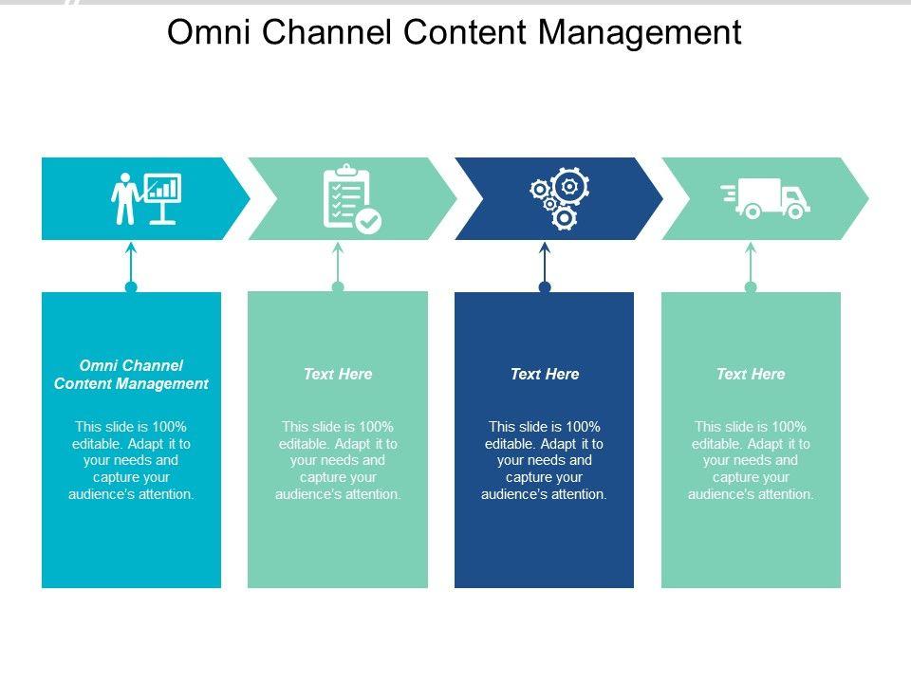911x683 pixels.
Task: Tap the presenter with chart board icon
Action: click(x=146, y=198)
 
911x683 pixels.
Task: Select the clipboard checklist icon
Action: click(x=352, y=199)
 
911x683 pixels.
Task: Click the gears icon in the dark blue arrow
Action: click(x=560, y=198)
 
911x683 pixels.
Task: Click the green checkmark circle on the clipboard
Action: click(x=368, y=221)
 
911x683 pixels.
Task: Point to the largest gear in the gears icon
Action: click(x=570, y=186)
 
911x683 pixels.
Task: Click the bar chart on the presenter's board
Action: click(x=162, y=189)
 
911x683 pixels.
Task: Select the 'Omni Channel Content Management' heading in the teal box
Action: click(x=131, y=375)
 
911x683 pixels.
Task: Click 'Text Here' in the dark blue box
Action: click(x=545, y=374)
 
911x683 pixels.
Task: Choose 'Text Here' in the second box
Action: click(x=338, y=374)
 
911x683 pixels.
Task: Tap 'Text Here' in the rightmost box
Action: click(x=751, y=374)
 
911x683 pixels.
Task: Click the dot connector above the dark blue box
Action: click(x=545, y=286)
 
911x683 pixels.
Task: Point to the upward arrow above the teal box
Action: click(x=131, y=265)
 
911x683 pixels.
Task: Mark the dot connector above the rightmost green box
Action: click(x=751, y=286)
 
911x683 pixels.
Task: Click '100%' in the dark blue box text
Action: click(x=583, y=427)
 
